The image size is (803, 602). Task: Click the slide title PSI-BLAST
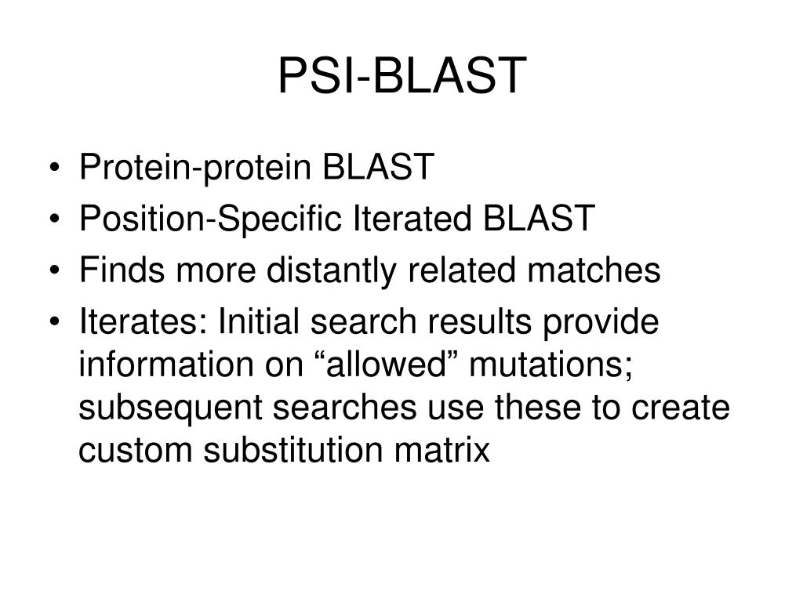pos(400,76)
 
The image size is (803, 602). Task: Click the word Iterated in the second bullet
pos(396,219)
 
